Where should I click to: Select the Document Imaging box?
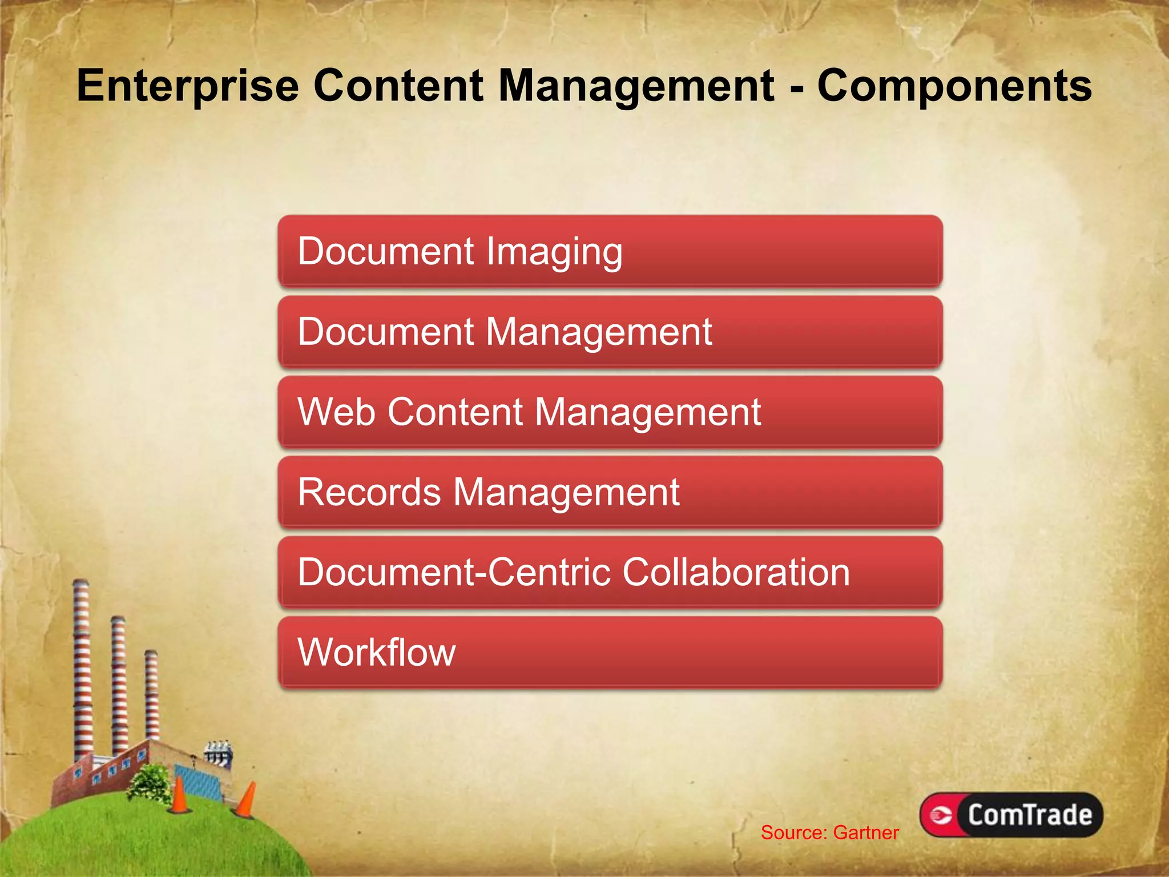610,251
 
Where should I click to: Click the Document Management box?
610,332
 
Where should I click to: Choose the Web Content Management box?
610,412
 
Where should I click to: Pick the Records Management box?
610,492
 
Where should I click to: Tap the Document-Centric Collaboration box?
610,572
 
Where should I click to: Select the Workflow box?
610,653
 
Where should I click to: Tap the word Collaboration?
736,572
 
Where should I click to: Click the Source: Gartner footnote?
829,832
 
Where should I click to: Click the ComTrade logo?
1011,815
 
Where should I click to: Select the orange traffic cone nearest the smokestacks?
179,795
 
